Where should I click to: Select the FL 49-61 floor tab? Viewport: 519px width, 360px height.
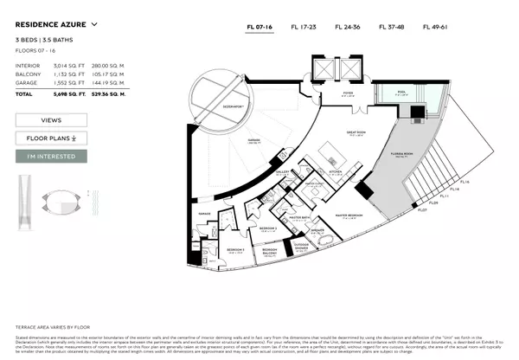[435, 27]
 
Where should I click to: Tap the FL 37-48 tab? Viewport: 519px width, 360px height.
[392, 27]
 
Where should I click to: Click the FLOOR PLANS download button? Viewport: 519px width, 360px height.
[51, 138]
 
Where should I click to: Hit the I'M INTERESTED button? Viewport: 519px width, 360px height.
[51, 157]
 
